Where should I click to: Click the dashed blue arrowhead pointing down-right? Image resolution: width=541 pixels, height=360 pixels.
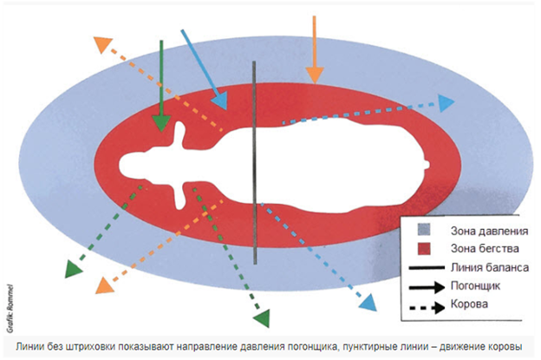[x=368, y=303]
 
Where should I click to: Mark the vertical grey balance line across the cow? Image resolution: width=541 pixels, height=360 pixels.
[x=253, y=165]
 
